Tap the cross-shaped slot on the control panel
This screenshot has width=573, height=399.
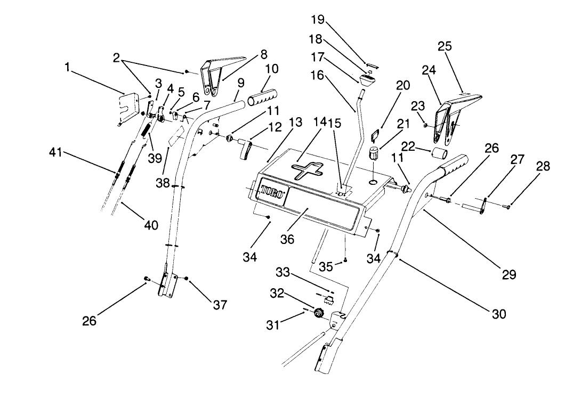307,172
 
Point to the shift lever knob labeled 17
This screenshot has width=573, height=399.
367,81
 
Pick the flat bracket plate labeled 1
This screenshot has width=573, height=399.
127,105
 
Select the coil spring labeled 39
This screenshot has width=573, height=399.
146,133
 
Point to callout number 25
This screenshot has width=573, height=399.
445,46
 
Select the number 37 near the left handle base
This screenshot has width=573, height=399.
219,305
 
